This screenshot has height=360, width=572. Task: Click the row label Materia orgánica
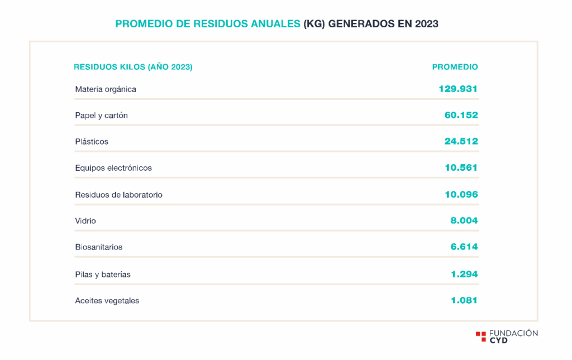point(106,89)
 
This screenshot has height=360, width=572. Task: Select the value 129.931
point(458,89)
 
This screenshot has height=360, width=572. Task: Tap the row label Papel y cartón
point(102,116)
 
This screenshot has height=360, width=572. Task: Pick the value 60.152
point(461,115)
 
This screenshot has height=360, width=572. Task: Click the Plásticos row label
point(92,142)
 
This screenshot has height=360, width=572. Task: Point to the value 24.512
point(461,141)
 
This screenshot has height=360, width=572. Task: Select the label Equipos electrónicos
point(113,168)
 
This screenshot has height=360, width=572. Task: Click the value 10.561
point(461,167)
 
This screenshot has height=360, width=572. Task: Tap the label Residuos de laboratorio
point(118,195)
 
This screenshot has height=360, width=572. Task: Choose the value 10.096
point(461,194)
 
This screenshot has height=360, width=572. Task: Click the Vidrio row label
point(85,221)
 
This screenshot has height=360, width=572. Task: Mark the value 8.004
point(464,220)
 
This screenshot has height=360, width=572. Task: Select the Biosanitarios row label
point(99,247)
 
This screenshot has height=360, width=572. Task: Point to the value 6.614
point(464,247)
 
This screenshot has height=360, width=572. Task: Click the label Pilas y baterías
point(103,275)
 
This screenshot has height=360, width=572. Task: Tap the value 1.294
point(464,274)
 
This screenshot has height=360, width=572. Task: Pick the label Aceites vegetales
point(107,301)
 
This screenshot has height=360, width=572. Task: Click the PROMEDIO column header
point(455,67)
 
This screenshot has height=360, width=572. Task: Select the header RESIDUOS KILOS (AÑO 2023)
point(133,67)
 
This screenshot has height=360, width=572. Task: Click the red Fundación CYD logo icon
point(480,336)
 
